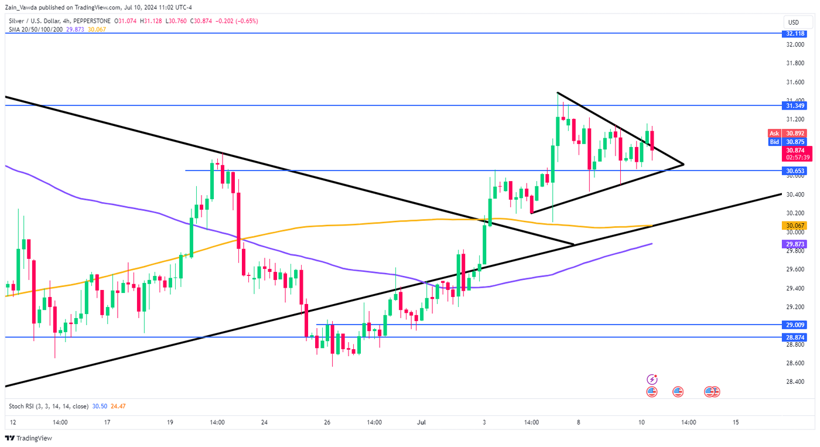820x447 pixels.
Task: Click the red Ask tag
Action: click(774, 134)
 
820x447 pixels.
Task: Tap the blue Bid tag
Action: click(774, 142)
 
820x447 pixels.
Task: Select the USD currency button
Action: click(793, 22)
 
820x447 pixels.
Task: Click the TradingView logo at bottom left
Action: click(29, 438)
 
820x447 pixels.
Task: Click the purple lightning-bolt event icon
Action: click(652, 380)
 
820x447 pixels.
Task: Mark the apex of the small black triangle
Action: click(684, 164)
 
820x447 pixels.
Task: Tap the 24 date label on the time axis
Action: click(265, 422)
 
